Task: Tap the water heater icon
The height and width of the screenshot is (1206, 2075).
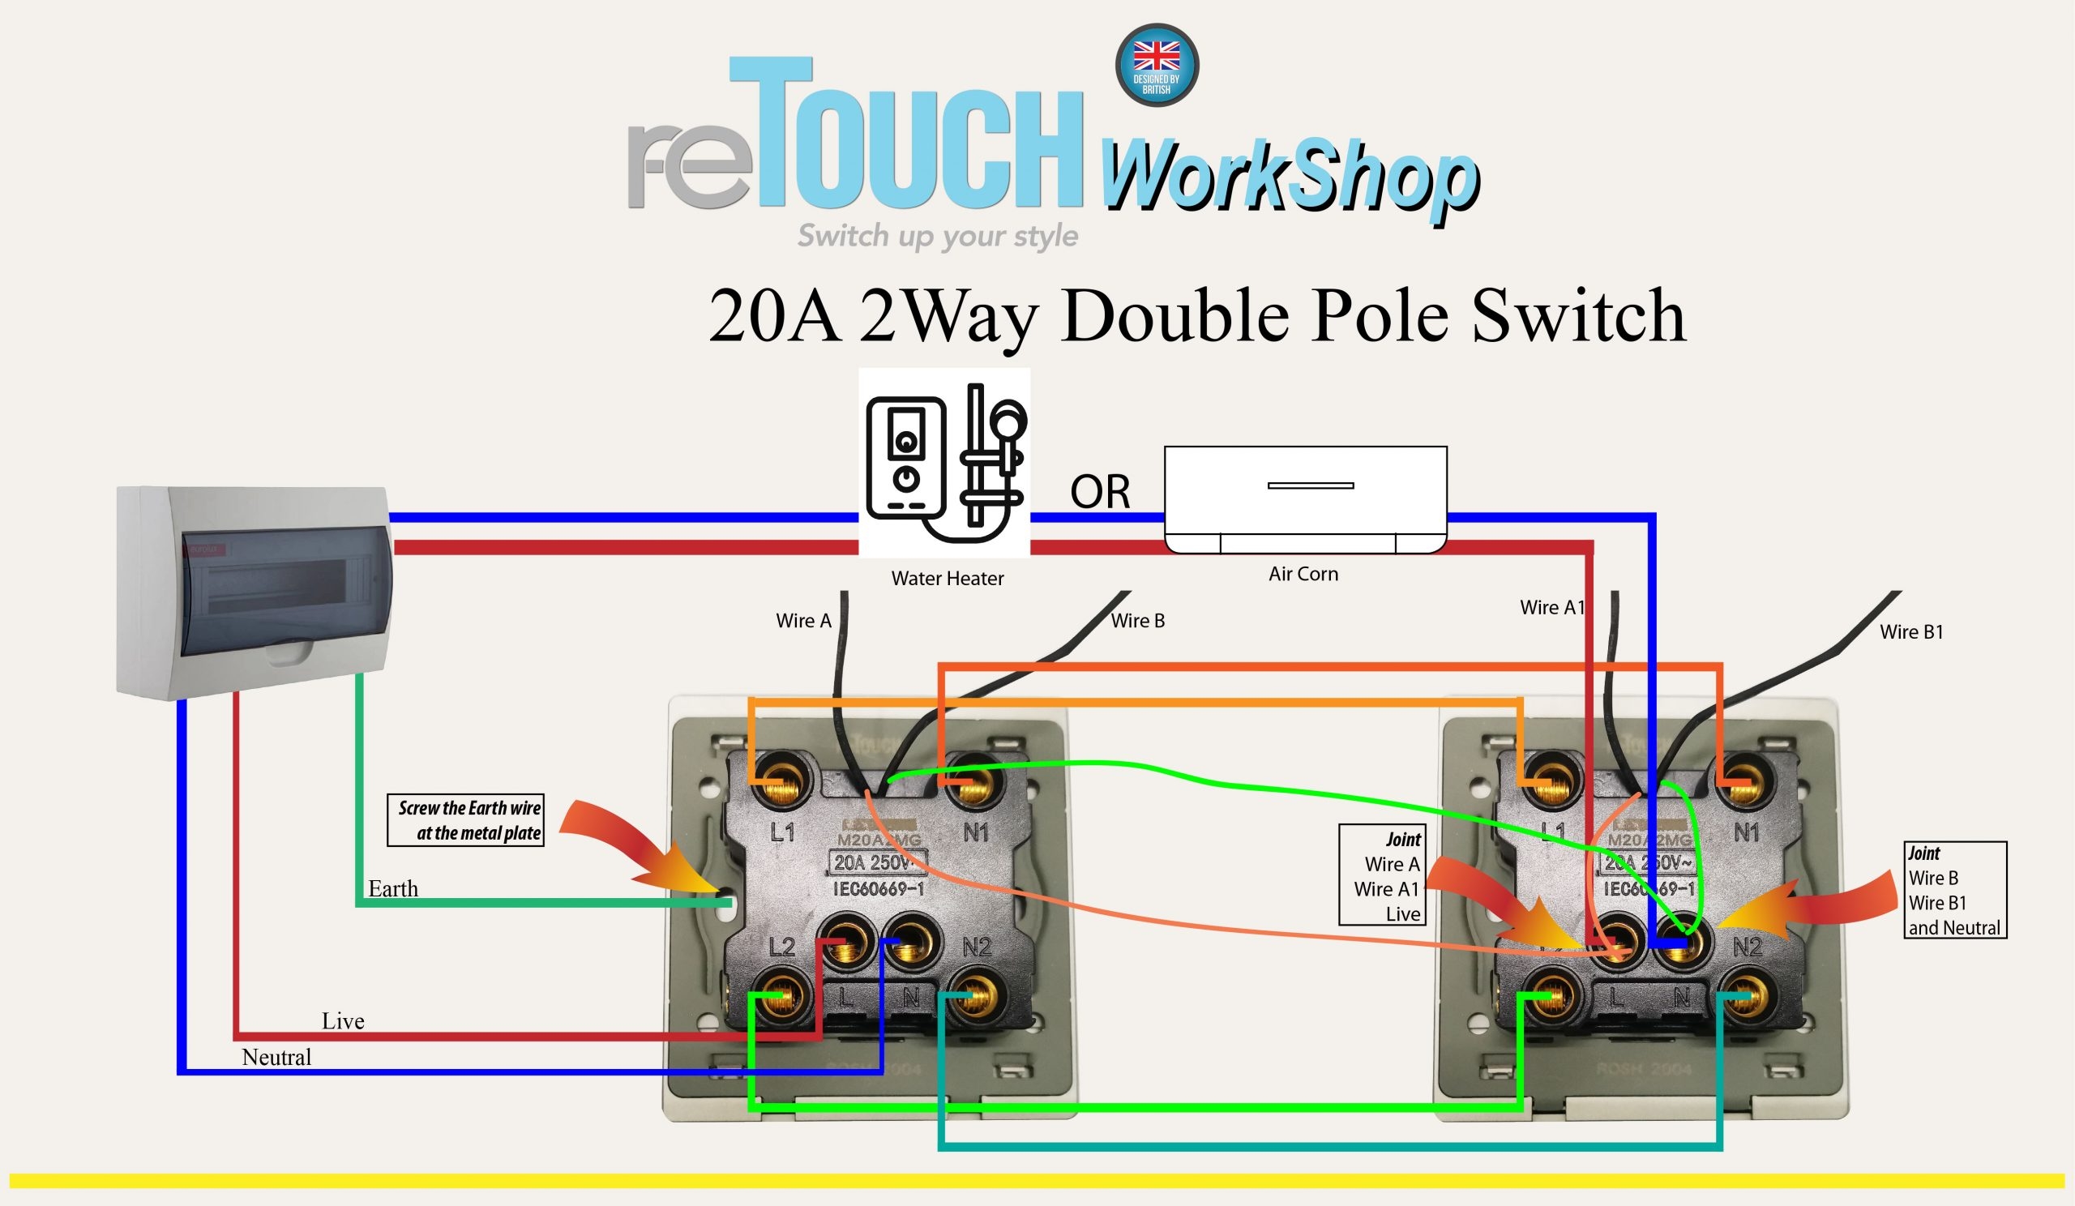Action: (x=944, y=463)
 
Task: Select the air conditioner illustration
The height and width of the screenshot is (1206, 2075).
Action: (x=1305, y=500)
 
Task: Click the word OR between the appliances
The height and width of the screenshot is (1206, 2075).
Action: (x=1099, y=492)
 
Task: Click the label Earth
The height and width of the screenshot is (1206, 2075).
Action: (x=393, y=889)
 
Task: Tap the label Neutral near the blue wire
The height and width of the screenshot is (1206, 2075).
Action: (x=276, y=1057)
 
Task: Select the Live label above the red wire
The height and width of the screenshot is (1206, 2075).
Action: (x=343, y=1021)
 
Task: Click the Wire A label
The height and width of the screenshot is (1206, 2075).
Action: (x=803, y=621)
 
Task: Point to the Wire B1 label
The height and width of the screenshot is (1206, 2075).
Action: (x=1911, y=632)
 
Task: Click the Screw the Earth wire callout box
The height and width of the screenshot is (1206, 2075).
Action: (x=466, y=820)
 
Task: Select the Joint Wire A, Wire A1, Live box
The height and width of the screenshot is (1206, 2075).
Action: (x=1382, y=875)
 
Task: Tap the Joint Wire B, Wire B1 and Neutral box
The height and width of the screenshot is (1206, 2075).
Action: (x=1955, y=890)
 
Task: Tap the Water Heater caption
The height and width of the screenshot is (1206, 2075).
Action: (x=947, y=579)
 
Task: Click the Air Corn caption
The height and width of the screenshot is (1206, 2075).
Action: (x=1303, y=574)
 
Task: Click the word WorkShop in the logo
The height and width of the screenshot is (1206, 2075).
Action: (x=1289, y=180)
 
